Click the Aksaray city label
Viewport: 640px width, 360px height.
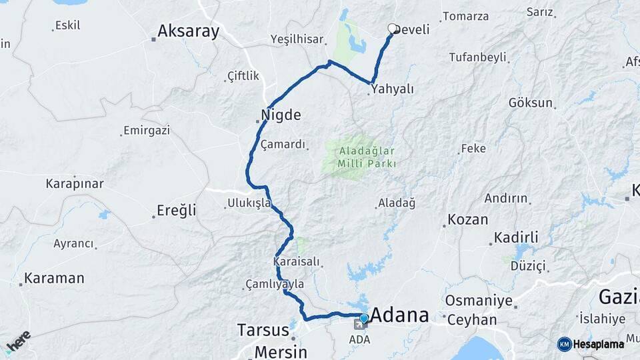coord(188,31)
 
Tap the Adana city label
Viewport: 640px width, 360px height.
coord(399,315)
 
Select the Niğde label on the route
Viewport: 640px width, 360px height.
coord(281,115)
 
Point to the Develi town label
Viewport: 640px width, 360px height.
coord(414,30)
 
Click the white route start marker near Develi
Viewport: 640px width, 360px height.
coord(393,29)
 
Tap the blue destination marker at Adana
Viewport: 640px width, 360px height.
coord(364,319)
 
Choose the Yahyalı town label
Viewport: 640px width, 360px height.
coord(393,89)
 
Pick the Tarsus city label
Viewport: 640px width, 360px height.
coord(263,329)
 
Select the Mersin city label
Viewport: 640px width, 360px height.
coord(280,351)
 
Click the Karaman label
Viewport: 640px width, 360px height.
coord(54,278)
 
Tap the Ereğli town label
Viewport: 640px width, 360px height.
coord(176,211)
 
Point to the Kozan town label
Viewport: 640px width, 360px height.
coord(467,219)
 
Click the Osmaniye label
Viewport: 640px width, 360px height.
coord(478,301)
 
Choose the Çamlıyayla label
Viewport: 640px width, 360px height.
coord(275,285)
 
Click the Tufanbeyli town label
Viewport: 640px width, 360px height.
coord(477,57)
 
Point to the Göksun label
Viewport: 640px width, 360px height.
coord(531,103)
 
